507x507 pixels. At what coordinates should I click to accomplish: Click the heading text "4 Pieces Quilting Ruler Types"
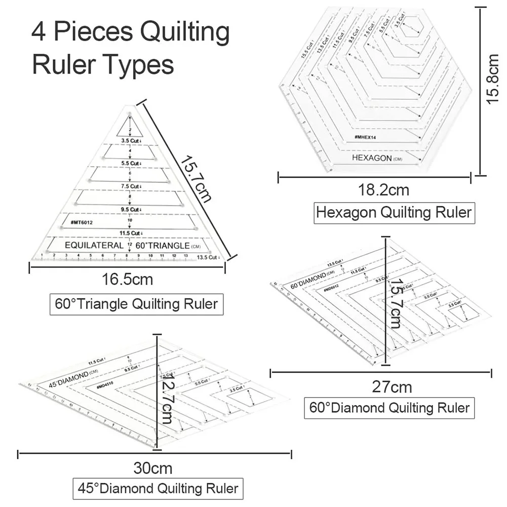click(130, 48)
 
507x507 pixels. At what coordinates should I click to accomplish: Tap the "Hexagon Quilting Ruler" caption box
click(394, 212)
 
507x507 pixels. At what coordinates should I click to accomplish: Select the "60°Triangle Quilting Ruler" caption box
click(136, 304)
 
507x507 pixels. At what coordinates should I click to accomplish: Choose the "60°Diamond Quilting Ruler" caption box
click(389, 408)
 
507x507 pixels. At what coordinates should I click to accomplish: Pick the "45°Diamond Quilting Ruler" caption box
click(158, 488)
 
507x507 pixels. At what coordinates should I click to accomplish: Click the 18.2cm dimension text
click(383, 190)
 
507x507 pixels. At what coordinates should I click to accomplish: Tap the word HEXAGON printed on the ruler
click(372, 158)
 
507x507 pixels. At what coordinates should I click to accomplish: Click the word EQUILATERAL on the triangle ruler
click(94, 245)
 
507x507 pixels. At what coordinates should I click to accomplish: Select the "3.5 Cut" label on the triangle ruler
click(127, 140)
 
